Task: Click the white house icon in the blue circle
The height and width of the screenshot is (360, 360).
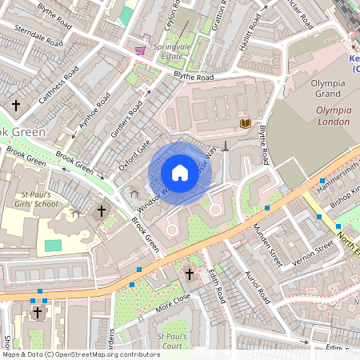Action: (180, 173)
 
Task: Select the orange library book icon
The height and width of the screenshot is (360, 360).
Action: (246, 123)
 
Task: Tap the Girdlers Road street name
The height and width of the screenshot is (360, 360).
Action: (128, 120)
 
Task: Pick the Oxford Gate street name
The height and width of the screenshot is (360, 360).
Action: (134, 154)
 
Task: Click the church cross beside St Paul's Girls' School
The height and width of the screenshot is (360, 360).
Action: (101, 212)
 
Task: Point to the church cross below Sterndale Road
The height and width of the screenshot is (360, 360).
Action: (15, 105)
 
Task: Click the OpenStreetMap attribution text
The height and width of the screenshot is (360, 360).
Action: (81, 354)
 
